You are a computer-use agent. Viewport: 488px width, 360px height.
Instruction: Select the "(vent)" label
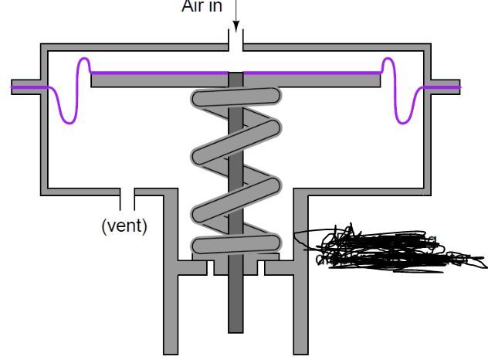(x=124, y=226)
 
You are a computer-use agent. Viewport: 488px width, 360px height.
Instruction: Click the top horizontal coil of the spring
(x=236, y=99)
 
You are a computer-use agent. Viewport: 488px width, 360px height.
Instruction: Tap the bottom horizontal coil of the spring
(x=236, y=246)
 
